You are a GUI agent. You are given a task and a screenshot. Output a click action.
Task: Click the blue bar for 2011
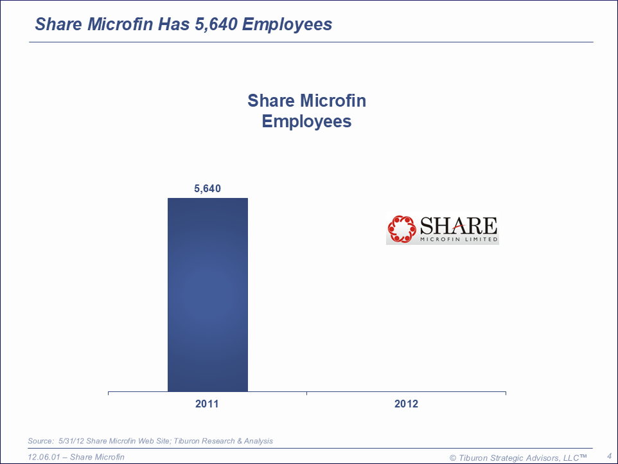[207, 294]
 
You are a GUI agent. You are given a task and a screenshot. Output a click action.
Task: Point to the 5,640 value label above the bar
[207, 189]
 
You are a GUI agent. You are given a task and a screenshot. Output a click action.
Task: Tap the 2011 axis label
[207, 404]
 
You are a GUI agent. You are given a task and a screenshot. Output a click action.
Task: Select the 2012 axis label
[406, 404]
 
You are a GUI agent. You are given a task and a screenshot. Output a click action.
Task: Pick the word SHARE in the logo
[458, 226]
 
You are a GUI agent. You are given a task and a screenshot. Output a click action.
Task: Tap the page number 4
[609, 456]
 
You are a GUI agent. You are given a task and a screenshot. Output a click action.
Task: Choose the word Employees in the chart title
[306, 121]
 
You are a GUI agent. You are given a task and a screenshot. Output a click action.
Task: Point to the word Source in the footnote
[40, 441]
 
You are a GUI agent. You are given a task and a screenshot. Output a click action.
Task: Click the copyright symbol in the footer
[453, 458]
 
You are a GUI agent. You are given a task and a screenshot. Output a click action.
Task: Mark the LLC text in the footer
[568, 458]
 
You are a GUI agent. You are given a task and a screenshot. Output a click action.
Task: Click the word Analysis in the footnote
[258, 441]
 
